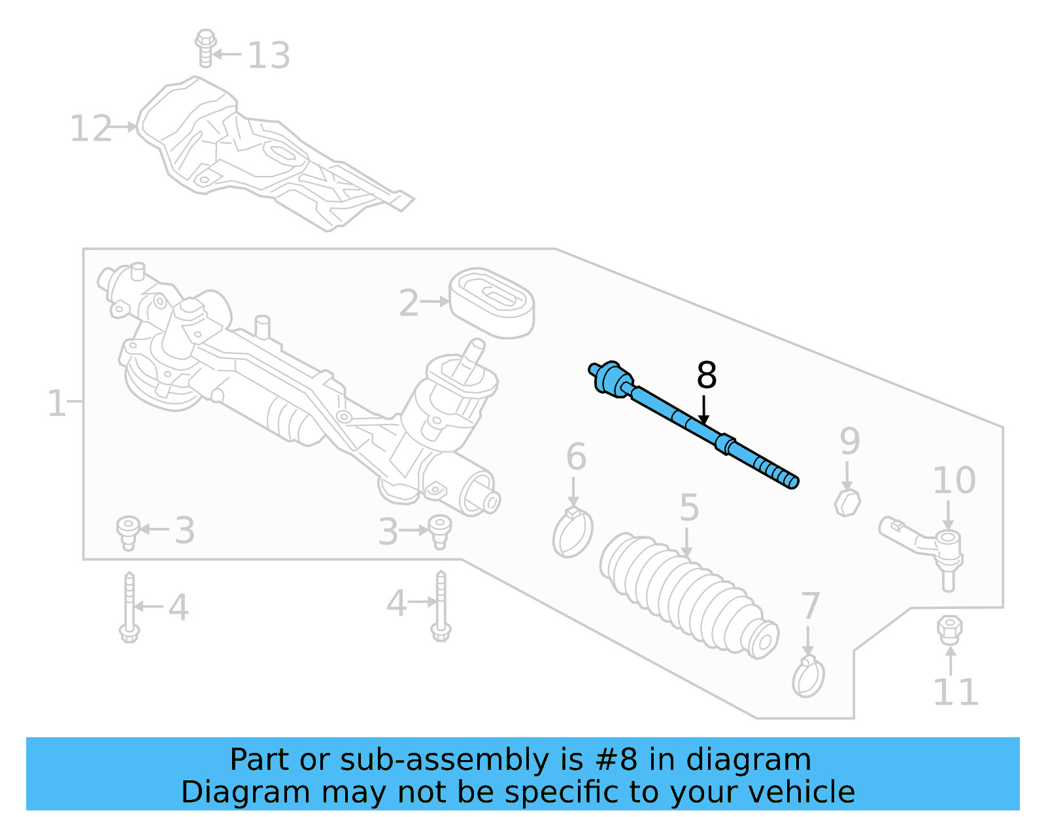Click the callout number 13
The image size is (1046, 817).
tap(269, 55)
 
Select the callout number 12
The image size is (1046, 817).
tap(91, 128)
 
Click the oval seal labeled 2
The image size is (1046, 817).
tap(492, 303)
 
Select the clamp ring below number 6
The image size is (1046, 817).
tap(573, 532)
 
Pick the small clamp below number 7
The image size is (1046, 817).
tap(808, 678)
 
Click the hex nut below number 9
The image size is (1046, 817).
tap(848, 502)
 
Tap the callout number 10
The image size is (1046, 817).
tap(954, 481)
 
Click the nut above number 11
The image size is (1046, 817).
tap(949, 629)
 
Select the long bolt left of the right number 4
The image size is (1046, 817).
tap(441, 605)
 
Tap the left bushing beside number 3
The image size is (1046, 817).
tap(128, 532)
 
